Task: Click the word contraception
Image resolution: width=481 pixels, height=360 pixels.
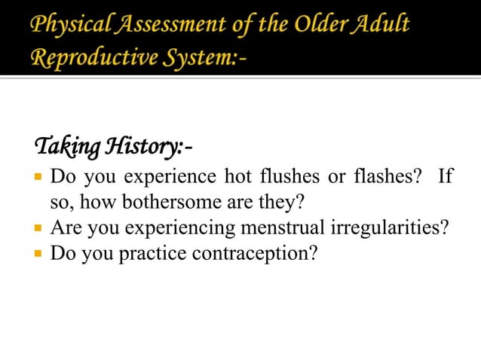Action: click(x=257, y=252)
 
